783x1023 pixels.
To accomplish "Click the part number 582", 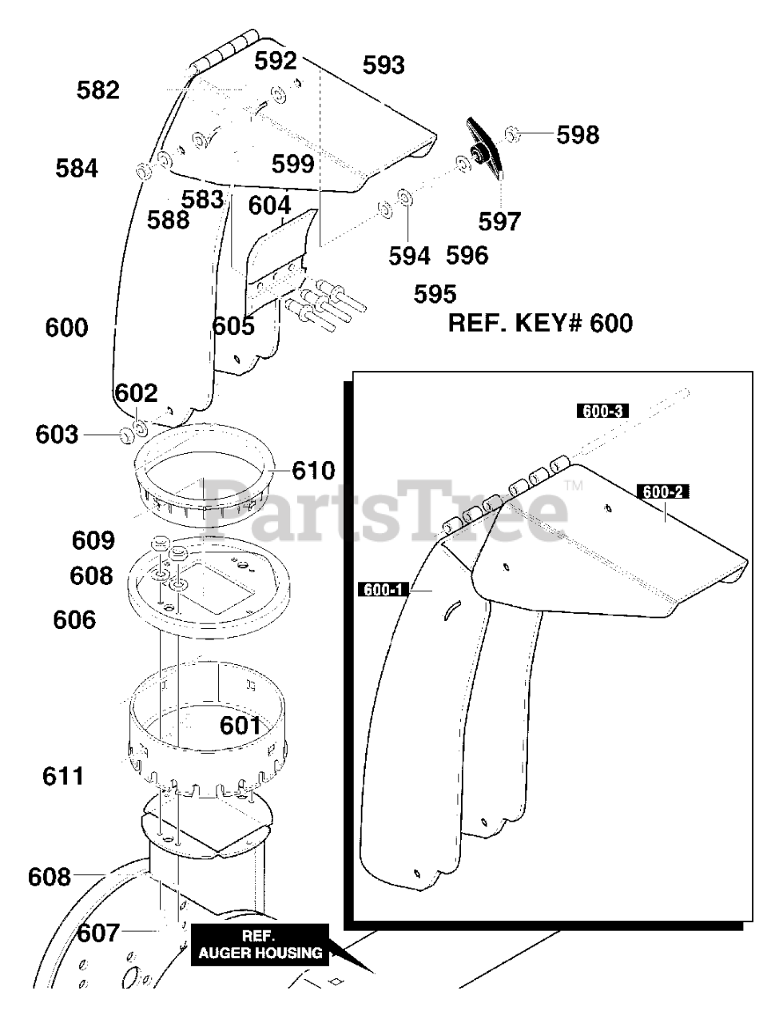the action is [98, 90].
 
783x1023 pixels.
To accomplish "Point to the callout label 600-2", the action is [662, 492].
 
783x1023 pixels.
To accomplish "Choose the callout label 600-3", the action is [602, 412].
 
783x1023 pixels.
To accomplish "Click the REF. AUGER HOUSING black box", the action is [260, 945].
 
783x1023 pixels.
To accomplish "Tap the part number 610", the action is [313, 470].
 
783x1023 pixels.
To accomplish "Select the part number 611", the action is [63, 775].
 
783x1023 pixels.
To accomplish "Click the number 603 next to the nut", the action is [58, 435].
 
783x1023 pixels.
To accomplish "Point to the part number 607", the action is [98, 933].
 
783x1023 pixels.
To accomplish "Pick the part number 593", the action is [384, 65].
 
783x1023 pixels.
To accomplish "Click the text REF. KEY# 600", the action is [540, 323].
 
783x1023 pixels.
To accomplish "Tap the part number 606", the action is [74, 619].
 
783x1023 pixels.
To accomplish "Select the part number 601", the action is [240, 726].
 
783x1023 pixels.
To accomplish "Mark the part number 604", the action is [269, 205].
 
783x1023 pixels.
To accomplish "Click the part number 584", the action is [77, 169].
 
